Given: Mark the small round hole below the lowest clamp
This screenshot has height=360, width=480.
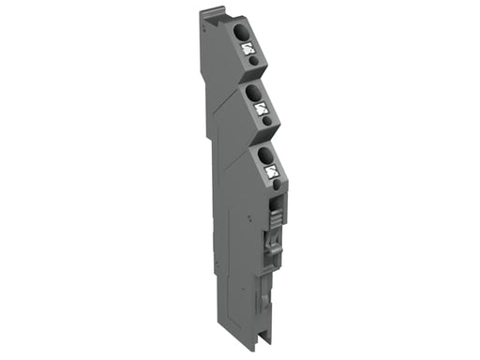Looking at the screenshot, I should (x=276, y=183).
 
